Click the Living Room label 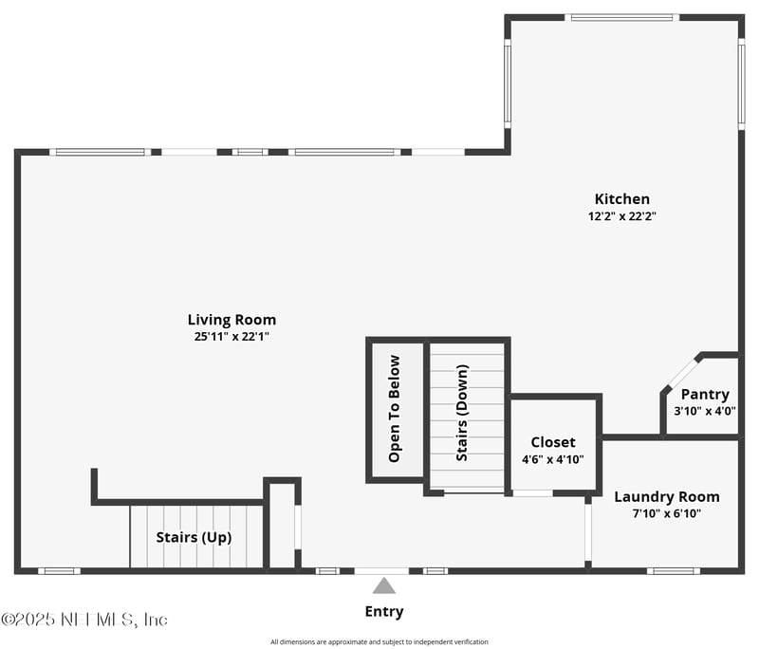pyautogui.click(x=231, y=320)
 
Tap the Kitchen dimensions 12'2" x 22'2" pyautogui.click(x=622, y=215)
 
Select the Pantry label pyautogui.click(x=705, y=395)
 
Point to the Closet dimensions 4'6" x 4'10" pyautogui.click(x=553, y=459)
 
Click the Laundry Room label pyautogui.click(x=667, y=497)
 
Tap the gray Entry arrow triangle pyautogui.click(x=384, y=585)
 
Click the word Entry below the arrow pyautogui.click(x=384, y=612)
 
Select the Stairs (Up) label pyautogui.click(x=194, y=537)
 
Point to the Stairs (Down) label pyautogui.click(x=462, y=413)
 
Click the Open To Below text pyautogui.click(x=394, y=408)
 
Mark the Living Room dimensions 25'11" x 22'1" pyautogui.click(x=231, y=336)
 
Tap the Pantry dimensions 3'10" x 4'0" pyautogui.click(x=705, y=412)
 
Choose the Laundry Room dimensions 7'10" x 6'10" pyautogui.click(x=667, y=513)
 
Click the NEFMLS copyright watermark pyautogui.click(x=84, y=620)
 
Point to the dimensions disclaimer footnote pyautogui.click(x=379, y=641)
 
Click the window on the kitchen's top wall pyautogui.click(x=621, y=18)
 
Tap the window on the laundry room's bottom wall pyautogui.click(x=674, y=571)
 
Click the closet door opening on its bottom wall pyautogui.click(x=533, y=493)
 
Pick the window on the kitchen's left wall pyautogui.click(x=508, y=83)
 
